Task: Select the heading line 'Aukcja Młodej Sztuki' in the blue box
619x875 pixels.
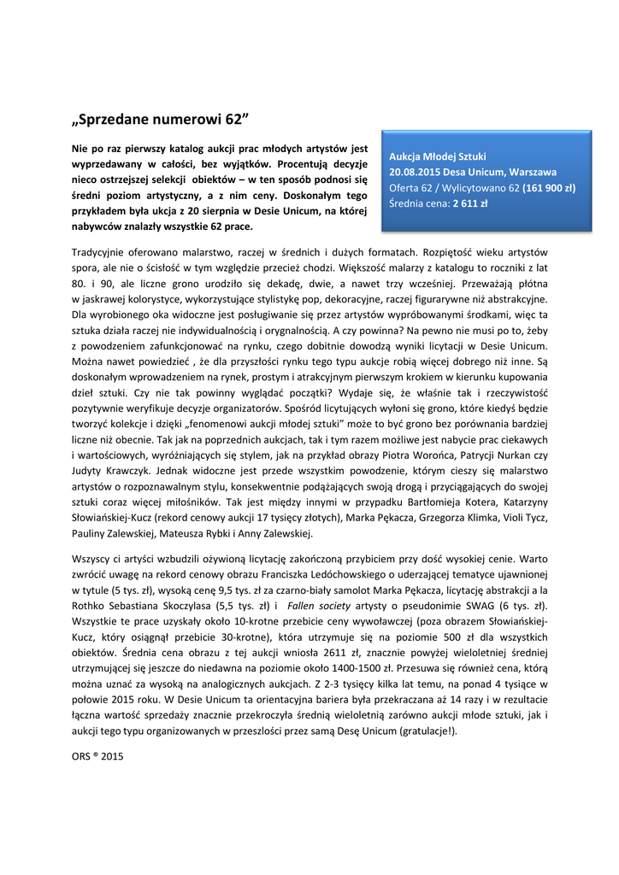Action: coord(437,156)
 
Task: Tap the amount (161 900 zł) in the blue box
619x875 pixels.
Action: coord(549,187)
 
